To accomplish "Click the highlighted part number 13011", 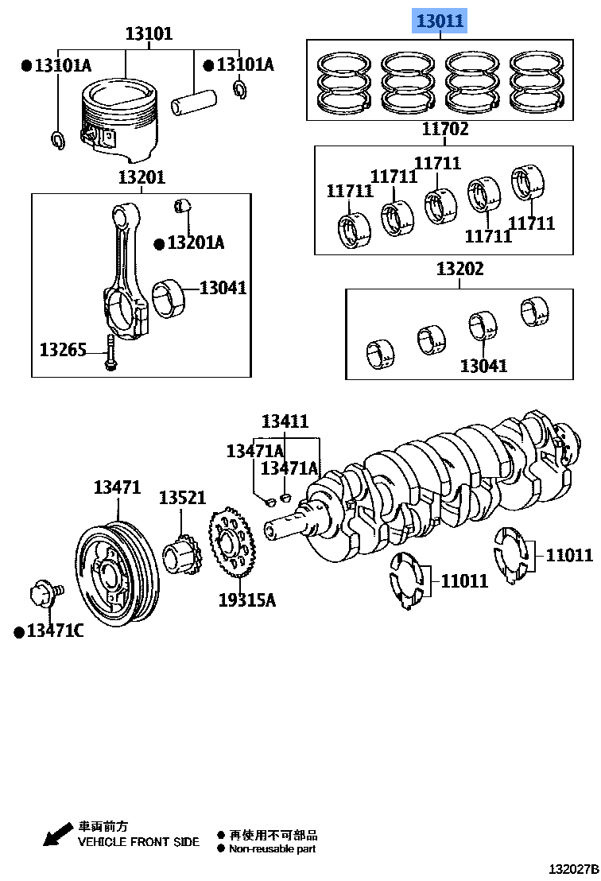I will click(437, 21).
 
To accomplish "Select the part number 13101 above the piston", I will click(149, 34).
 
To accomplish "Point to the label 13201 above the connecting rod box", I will click(142, 177).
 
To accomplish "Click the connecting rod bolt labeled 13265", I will click(109, 353).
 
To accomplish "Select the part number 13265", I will click(63, 348).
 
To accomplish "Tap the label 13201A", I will click(195, 243).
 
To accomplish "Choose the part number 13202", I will click(459, 270).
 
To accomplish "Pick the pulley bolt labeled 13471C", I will click(41, 595).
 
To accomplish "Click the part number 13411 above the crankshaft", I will click(285, 421).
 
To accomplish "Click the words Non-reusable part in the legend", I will click(272, 848).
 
